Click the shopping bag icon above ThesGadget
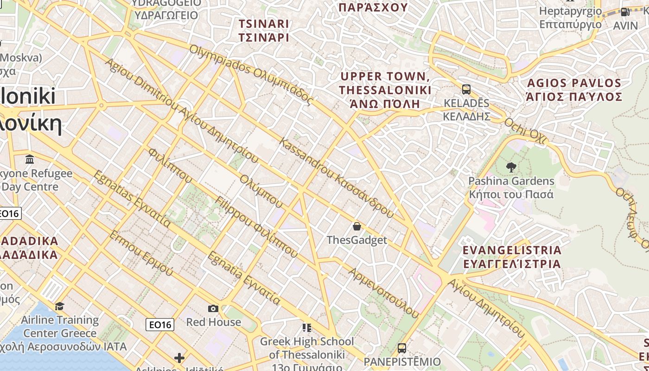(x=356, y=226)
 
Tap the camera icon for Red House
(x=213, y=308)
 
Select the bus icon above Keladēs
(x=466, y=89)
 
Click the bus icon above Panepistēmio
(x=402, y=348)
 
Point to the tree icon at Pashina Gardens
(x=511, y=167)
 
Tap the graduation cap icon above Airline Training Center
(x=60, y=306)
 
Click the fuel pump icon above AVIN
(x=625, y=12)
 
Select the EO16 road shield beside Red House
(x=160, y=325)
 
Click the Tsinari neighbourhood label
(x=264, y=31)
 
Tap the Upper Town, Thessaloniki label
(x=385, y=90)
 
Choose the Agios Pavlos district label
(x=574, y=90)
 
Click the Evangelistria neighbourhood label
(x=512, y=257)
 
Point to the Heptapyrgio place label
(x=570, y=18)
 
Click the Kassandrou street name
(x=337, y=178)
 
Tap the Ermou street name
(x=140, y=253)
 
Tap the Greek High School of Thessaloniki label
(x=306, y=348)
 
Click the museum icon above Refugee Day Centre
(x=30, y=160)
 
